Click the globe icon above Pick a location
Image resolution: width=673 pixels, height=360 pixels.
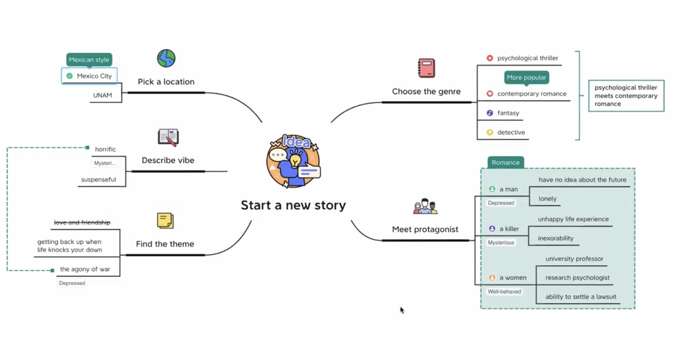pos(166,58)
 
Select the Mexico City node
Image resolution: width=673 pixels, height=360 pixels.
pos(90,76)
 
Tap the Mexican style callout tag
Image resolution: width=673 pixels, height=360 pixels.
pos(89,59)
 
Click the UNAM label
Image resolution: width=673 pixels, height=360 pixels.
pos(102,95)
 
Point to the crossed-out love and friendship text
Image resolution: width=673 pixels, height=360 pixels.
pos(82,222)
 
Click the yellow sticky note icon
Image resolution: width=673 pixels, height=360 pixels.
pos(165,221)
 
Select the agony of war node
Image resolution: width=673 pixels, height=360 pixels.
pos(85,269)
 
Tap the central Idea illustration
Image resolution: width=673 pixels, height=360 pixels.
pos(293,161)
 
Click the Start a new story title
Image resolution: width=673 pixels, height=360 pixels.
pos(293,205)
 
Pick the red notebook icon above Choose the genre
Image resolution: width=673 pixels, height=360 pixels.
pos(426,68)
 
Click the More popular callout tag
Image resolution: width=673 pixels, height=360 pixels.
pos(526,77)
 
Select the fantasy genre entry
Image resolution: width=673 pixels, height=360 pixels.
pos(508,113)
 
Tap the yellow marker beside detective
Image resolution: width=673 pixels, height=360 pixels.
pos(490,132)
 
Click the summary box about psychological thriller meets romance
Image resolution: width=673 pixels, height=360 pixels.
pos(626,96)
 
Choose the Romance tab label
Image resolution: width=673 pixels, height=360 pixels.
pos(506,163)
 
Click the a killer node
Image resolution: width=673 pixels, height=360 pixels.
pos(509,229)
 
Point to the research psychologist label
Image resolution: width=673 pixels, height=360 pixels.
pos(577,278)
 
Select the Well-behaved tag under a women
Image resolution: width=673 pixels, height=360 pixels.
pos(504,292)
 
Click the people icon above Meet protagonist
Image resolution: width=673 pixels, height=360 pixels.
pos(425,206)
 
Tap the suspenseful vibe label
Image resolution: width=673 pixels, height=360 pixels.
pos(99,180)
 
